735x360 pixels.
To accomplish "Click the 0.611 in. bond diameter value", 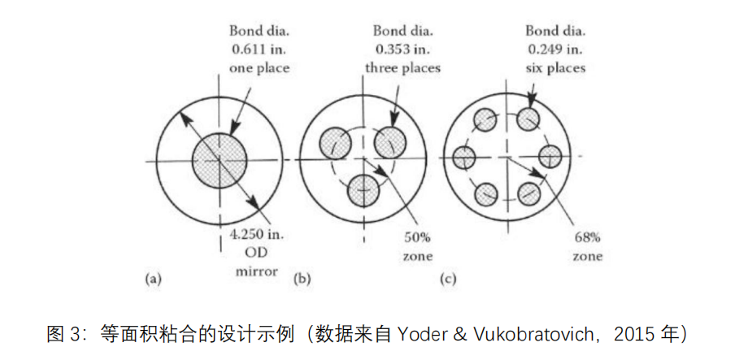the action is click(259, 50).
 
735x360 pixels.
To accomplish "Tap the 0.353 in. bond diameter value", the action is click(402, 50).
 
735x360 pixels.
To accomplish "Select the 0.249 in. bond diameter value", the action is click(555, 50).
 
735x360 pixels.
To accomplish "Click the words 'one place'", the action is click(259, 68).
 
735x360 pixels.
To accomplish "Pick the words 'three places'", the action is click(403, 68).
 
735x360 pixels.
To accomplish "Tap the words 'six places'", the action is click(555, 68).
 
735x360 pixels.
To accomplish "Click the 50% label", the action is click(417, 237).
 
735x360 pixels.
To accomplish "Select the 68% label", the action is click(587, 237).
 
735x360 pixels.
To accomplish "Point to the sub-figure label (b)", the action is click(302, 280).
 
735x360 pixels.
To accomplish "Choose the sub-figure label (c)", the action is click(448, 280).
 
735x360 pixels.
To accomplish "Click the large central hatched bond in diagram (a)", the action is click(220, 160).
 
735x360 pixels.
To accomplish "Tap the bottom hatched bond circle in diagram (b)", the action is click(363, 190).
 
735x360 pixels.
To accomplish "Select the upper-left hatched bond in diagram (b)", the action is click(335, 143).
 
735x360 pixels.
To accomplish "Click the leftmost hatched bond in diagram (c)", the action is click(463, 157).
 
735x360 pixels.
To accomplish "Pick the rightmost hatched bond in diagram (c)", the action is click(550, 157).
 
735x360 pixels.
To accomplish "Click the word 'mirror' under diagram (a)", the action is click(256, 271).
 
